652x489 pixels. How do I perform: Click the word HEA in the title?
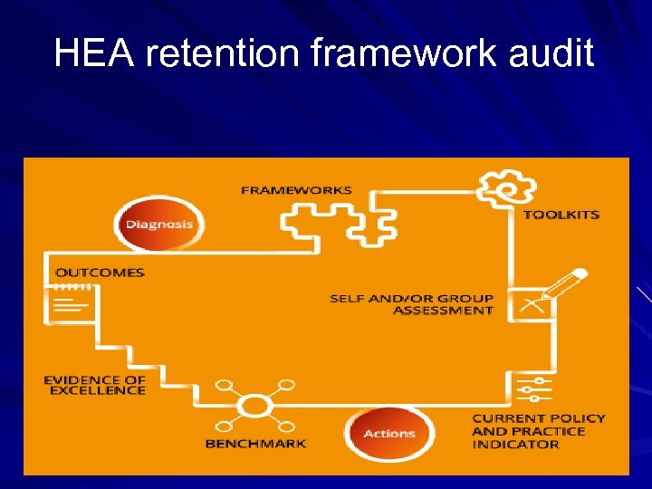[x=95, y=53]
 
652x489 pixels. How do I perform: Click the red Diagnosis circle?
[x=159, y=224]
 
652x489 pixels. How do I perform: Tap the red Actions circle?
[x=389, y=434]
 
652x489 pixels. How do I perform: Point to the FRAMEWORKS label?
[x=296, y=191]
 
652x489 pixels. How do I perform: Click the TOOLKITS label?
[x=561, y=215]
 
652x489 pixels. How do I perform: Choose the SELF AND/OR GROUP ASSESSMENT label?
[x=411, y=304]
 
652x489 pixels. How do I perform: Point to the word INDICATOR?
[x=515, y=445]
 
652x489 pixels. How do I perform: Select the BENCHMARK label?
[x=255, y=444]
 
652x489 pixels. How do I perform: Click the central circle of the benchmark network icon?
[x=255, y=405]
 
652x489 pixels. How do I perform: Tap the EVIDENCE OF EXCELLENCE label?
[x=94, y=385]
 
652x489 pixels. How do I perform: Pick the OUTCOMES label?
[x=100, y=272]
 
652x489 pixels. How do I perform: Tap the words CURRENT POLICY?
[x=538, y=418]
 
